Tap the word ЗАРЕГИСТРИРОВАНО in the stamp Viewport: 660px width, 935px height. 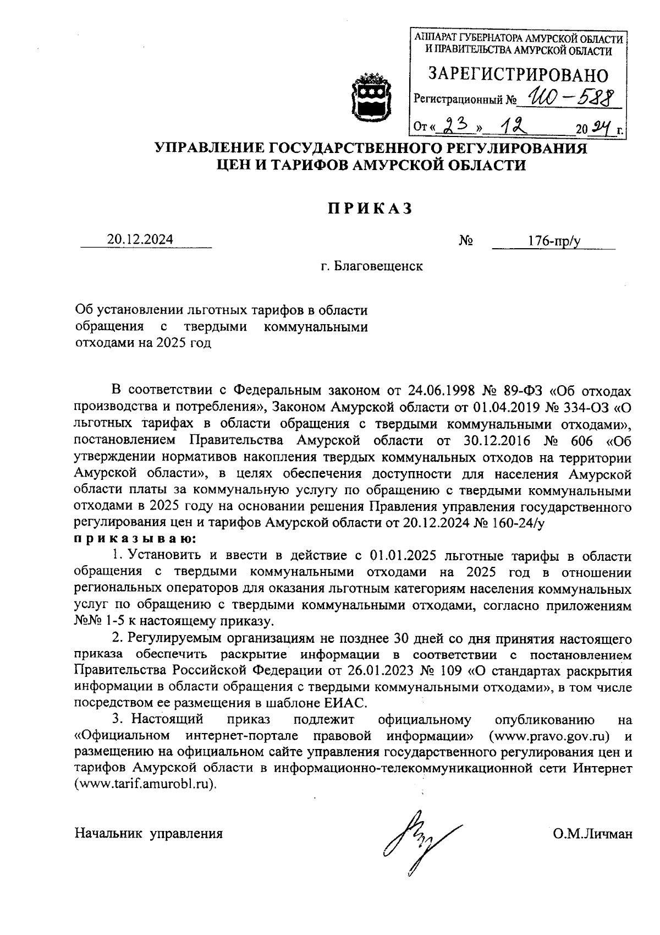click(x=518, y=75)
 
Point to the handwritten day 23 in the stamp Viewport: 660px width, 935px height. click(x=455, y=128)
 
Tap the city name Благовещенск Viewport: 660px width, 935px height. click(x=372, y=267)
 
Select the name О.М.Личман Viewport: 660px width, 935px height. click(x=592, y=833)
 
